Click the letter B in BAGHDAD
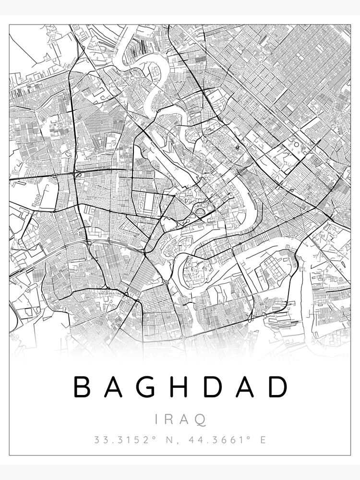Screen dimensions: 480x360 pyautogui.click(x=82, y=387)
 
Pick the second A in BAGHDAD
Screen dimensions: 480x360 pyautogui.click(x=245, y=387)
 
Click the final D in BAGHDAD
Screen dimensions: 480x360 pyautogui.click(x=278, y=387)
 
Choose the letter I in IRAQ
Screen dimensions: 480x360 pyautogui.click(x=157, y=420)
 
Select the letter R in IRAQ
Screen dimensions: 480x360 pyautogui.click(x=169, y=420)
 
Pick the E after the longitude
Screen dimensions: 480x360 pyautogui.click(x=263, y=439)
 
